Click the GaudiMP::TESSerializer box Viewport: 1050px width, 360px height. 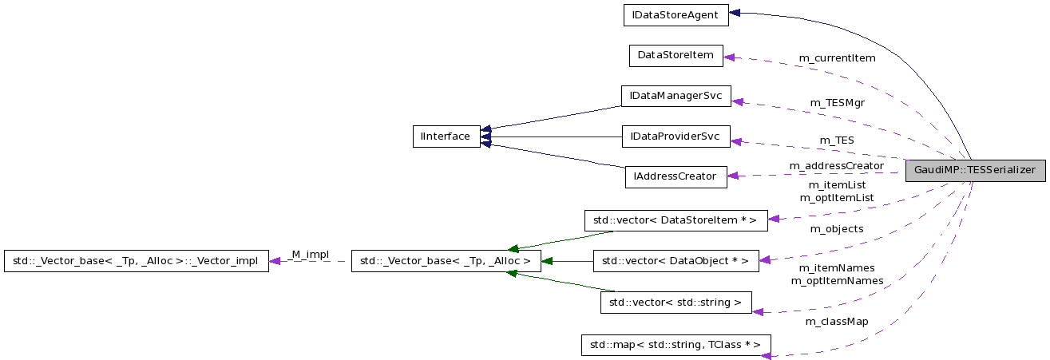(974, 170)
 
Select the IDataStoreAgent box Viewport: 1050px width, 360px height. (676, 14)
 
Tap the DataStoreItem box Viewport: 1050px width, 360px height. (676, 55)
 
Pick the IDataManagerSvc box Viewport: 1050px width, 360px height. (676, 96)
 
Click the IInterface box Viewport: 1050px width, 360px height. (446, 136)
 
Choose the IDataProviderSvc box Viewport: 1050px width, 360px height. (676, 136)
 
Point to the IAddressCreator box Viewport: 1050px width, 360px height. (676, 176)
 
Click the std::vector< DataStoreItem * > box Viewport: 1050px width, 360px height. (676, 220)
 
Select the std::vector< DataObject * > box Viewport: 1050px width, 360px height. (676, 260)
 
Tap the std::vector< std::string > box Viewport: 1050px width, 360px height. (676, 303)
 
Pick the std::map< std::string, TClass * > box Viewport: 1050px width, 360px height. (676, 345)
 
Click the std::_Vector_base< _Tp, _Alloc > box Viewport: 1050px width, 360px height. (446, 260)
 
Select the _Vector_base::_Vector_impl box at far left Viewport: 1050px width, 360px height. (136, 260)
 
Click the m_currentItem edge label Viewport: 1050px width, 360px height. (837, 58)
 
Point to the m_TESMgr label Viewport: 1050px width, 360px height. (837, 102)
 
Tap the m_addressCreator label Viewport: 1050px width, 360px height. (836, 166)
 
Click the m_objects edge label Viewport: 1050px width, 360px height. (837, 229)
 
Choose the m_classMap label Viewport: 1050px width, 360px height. (837, 322)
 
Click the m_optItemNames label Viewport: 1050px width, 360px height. (837, 281)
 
